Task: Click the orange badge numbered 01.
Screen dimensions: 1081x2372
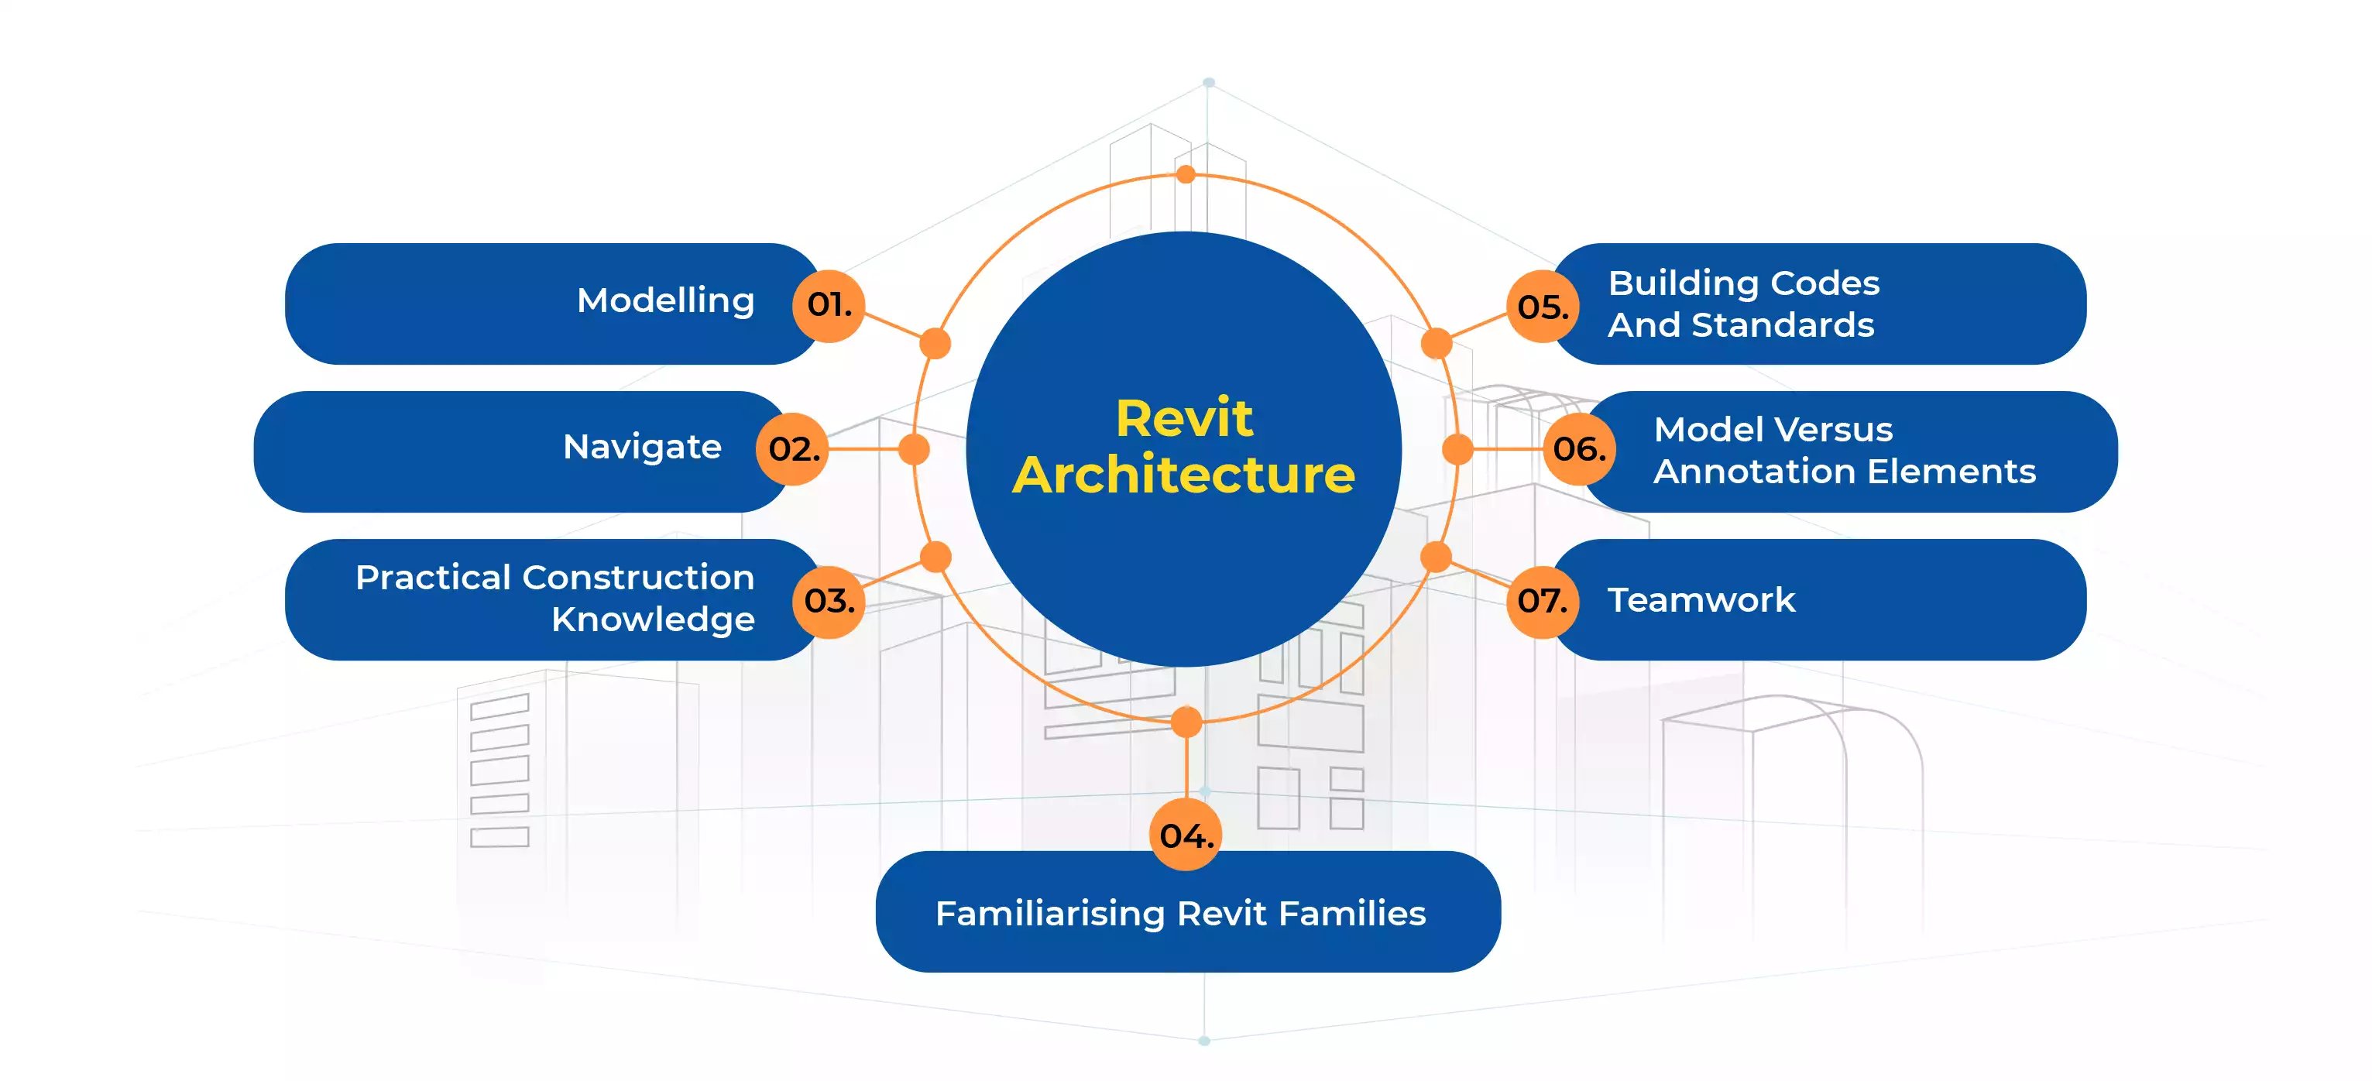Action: [829, 306]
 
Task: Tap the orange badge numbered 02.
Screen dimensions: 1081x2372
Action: [792, 449]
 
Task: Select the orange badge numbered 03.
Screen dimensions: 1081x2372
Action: [829, 601]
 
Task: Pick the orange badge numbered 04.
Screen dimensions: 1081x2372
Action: [1186, 836]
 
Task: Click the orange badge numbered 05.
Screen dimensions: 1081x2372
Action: [1543, 307]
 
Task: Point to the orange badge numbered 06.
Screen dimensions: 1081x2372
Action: [1579, 449]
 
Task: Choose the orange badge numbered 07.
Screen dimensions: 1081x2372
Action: [1543, 601]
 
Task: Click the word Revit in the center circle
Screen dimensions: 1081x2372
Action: [1184, 419]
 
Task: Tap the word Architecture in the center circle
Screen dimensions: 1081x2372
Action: [1184, 475]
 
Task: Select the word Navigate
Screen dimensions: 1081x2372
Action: [642, 448]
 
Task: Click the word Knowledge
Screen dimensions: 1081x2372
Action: [653, 619]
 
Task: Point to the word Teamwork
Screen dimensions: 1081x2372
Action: [1701, 600]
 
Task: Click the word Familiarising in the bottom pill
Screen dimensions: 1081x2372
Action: [1050, 914]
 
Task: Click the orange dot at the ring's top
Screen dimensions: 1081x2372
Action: [1186, 174]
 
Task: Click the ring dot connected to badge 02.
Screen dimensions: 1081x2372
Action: [914, 449]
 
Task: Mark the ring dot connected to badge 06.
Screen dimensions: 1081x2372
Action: [1457, 449]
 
